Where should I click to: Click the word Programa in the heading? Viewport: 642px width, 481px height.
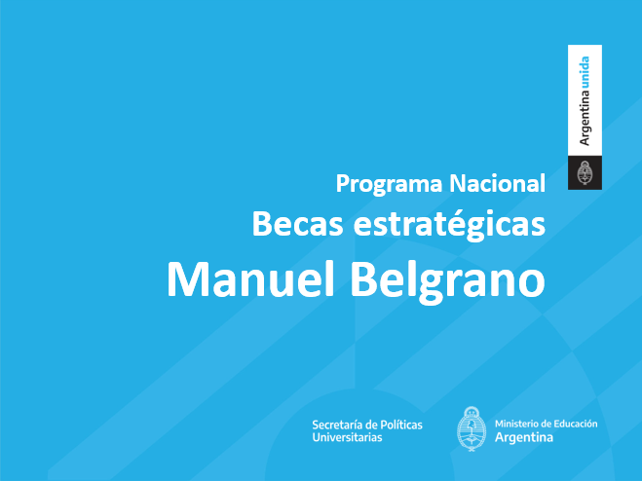[x=389, y=184]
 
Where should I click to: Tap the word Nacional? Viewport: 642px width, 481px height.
[x=498, y=183]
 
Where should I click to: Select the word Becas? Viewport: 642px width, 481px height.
[x=298, y=224]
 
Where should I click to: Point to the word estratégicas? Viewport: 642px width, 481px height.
[x=449, y=226]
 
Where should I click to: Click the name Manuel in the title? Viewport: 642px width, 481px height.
[x=250, y=278]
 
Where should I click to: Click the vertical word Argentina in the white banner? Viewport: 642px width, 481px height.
[x=585, y=118]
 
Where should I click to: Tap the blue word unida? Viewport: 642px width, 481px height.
[x=585, y=72]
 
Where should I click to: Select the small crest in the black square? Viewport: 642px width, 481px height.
[x=585, y=172]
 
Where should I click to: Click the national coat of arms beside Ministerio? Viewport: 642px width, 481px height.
[x=472, y=428]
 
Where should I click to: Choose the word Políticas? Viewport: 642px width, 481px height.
[x=401, y=425]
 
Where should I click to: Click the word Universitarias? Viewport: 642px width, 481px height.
[x=347, y=437]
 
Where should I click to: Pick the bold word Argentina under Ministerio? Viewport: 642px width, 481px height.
[x=524, y=437]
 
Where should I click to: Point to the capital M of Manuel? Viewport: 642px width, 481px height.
[x=188, y=279]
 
